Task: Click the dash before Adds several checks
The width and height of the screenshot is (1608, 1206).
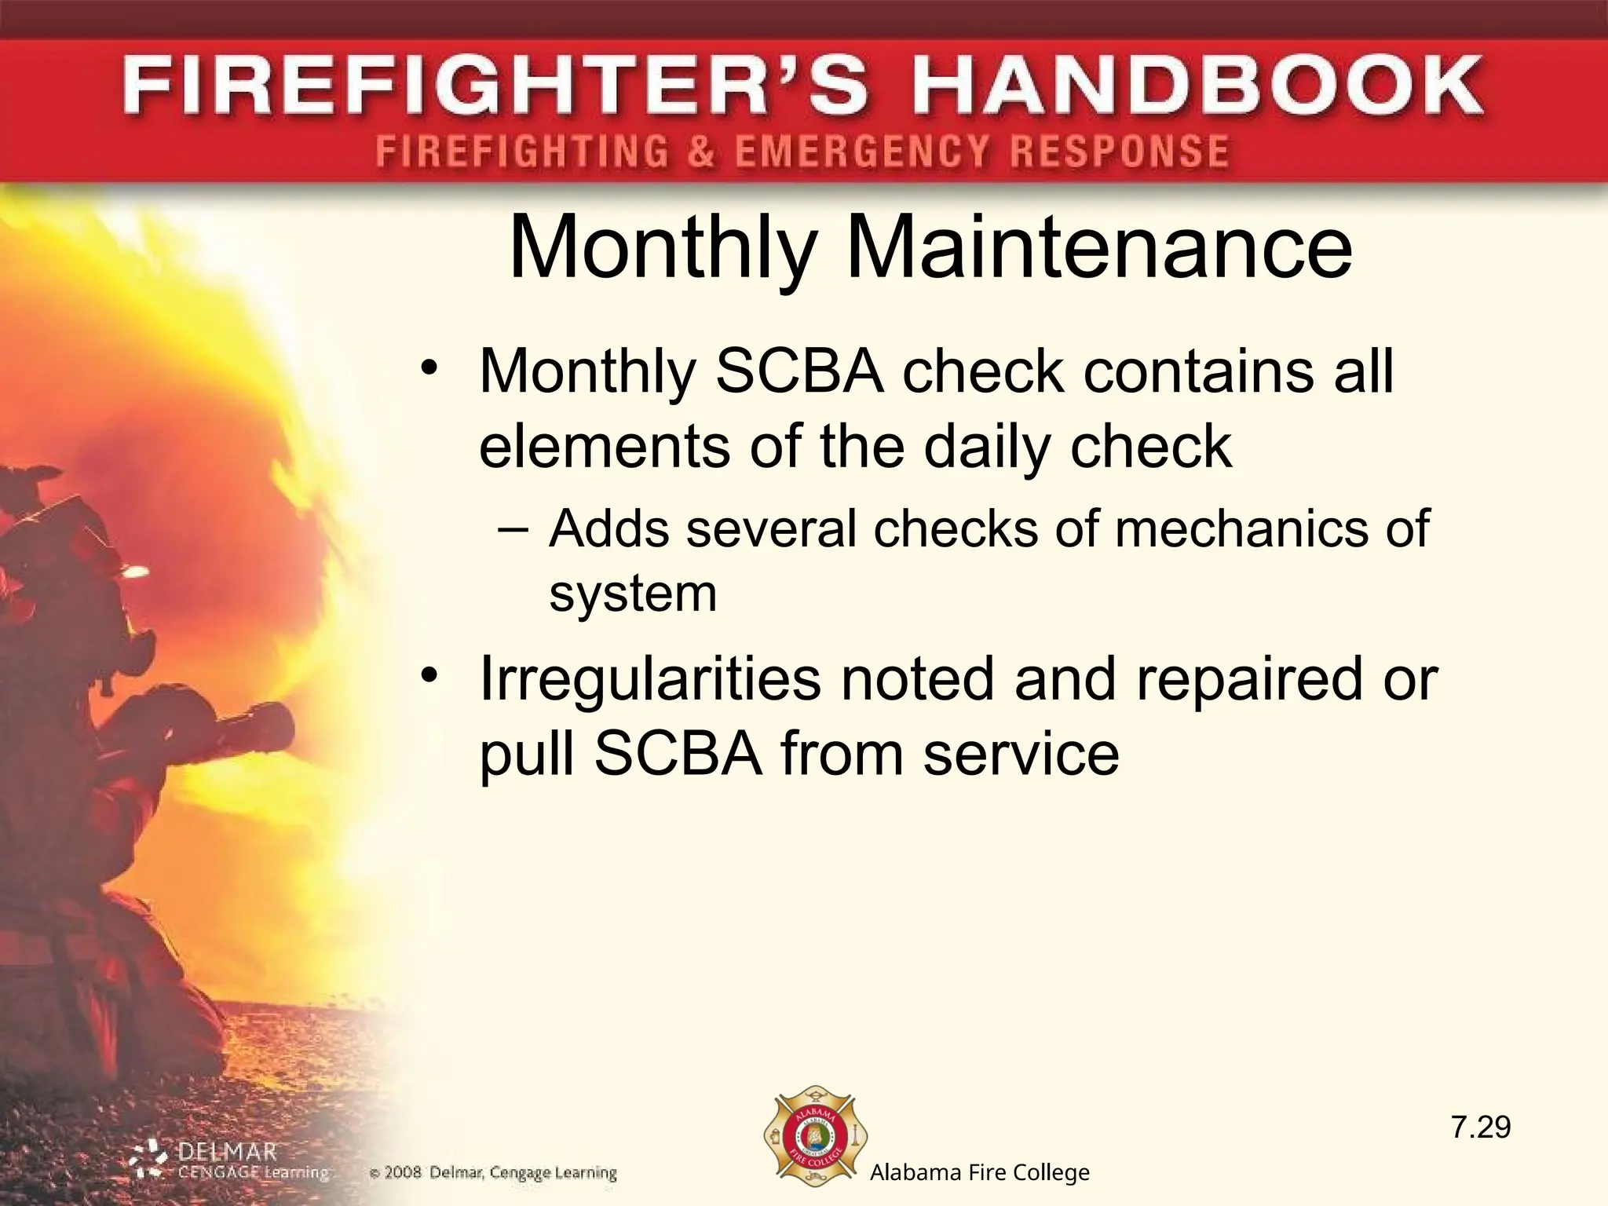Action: [x=514, y=528]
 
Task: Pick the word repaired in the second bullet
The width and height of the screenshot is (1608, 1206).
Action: [x=1248, y=679]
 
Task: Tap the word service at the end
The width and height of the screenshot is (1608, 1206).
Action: [x=1021, y=754]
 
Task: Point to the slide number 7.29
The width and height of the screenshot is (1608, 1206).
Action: [x=1480, y=1128]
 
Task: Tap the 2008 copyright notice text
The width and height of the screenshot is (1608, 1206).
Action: [x=493, y=1174]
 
